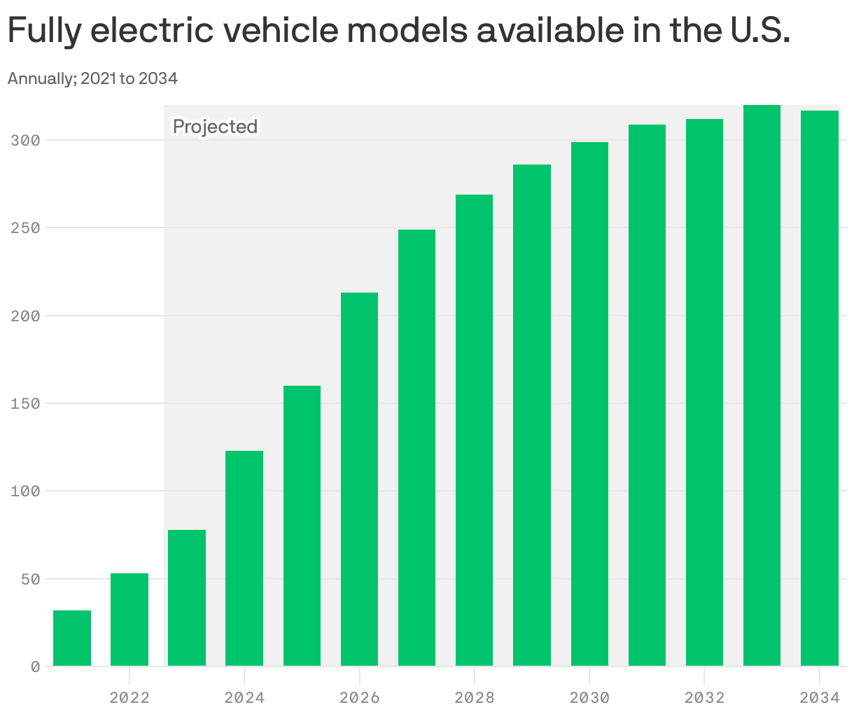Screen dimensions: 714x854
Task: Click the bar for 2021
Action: coord(72,638)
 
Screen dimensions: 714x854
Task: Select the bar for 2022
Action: coord(129,619)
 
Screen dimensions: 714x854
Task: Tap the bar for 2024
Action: coord(244,558)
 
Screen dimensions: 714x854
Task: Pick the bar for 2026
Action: coord(359,479)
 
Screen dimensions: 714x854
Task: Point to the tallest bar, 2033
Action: coord(762,385)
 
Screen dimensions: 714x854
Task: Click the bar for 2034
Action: coord(819,388)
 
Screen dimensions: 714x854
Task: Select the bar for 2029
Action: coord(532,415)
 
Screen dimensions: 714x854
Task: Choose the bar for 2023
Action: coord(187,598)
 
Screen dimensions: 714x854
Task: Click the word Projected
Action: coord(215,127)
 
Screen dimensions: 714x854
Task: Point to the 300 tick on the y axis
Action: coord(25,141)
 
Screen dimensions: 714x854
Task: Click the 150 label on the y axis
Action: coord(25,404)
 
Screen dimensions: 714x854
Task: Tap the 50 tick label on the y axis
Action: coord(29,580)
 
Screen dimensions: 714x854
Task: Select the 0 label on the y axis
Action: coord(34,667)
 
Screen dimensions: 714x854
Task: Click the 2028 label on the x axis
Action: coord(475,698)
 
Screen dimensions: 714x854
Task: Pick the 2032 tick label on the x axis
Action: coord(704,698)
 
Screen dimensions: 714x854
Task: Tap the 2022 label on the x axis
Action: coord(129,698)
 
